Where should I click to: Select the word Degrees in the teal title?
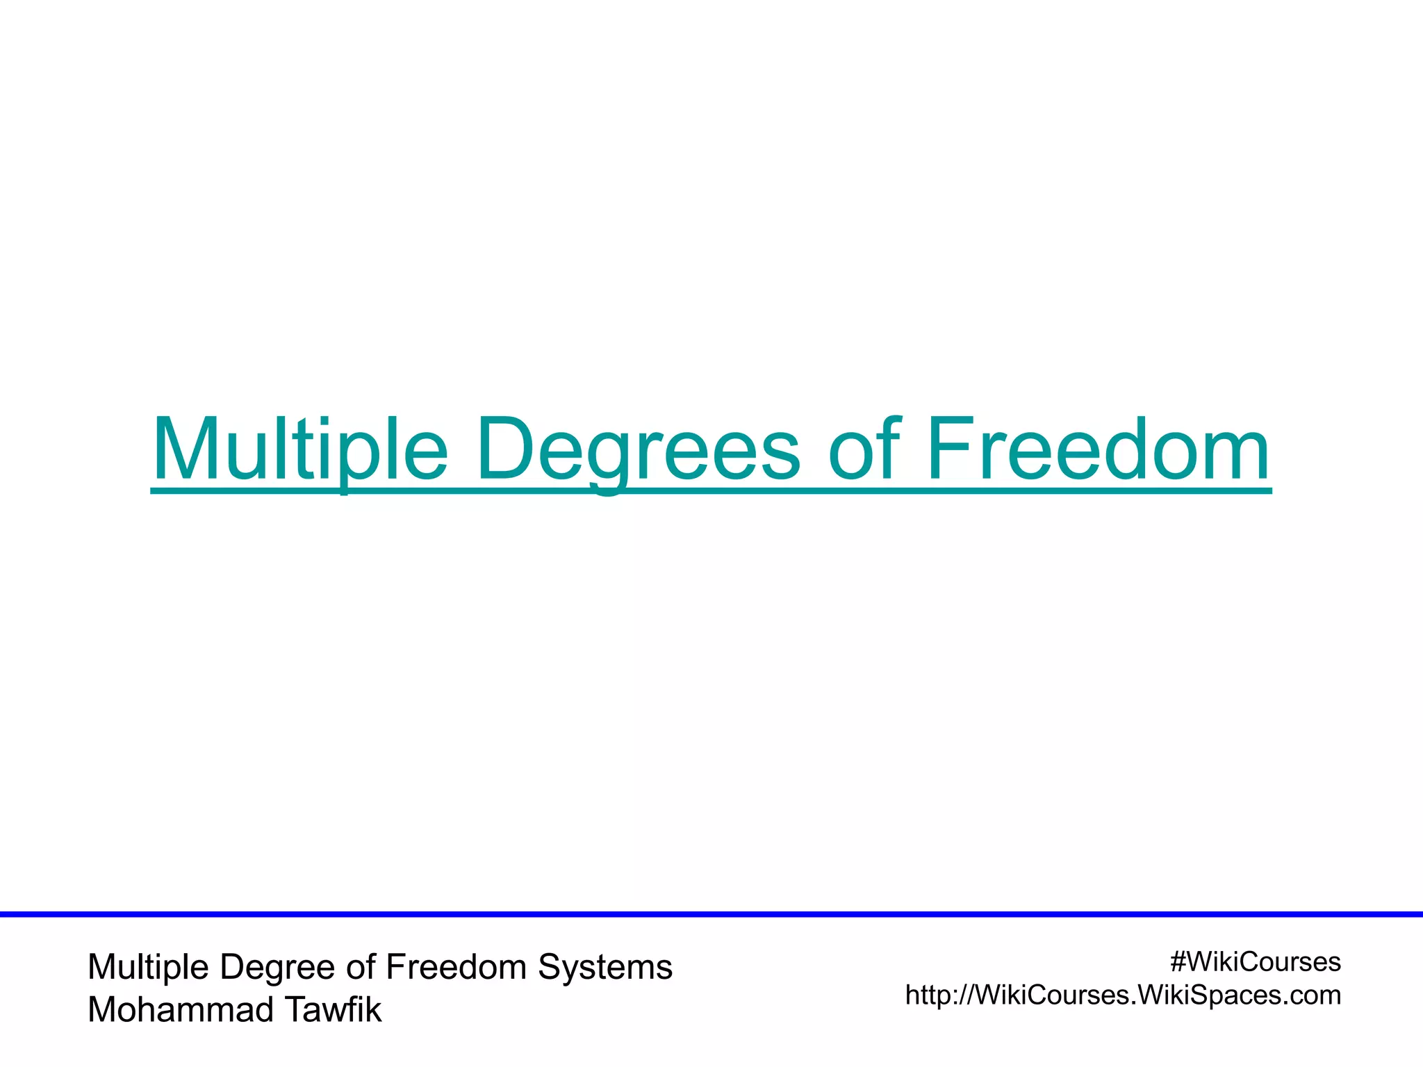point(639,450)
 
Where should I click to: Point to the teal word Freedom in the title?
point(1098,450)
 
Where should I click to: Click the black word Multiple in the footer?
point(148,968)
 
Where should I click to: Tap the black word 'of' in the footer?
point(361,966)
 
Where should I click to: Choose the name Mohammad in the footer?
point(180,1010)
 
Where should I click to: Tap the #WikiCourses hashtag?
point(1255,963)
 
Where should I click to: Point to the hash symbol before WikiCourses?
point(1177,963)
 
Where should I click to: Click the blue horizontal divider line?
point(711,914)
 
